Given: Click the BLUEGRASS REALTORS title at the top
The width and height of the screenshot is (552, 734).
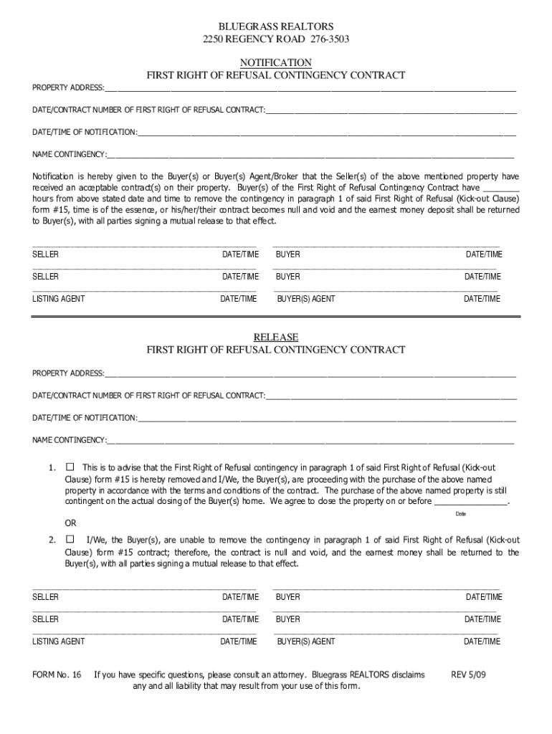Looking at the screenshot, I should click(276, 27).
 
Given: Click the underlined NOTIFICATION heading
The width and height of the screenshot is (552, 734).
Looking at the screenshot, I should click(276, 62).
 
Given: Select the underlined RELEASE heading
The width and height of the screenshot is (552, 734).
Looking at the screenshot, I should click(276, 337).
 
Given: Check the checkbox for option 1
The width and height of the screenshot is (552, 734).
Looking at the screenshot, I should click(70, 467).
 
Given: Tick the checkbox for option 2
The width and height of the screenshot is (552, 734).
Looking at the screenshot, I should click(70, 538).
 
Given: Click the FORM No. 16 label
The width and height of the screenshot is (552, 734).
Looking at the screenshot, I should click(57, 675).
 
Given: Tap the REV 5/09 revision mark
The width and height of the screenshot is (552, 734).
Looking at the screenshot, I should click(468, 675).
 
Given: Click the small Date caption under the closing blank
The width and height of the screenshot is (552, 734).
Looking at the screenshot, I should click(461, 514).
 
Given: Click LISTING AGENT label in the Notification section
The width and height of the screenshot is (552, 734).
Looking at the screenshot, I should click(59, 299).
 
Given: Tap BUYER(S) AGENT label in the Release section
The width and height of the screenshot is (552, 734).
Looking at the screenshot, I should click(306, 642).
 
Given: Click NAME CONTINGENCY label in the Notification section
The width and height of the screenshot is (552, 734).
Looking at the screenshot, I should click(69, 154).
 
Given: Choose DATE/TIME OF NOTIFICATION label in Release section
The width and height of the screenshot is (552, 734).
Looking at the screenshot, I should click(85, 418).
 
